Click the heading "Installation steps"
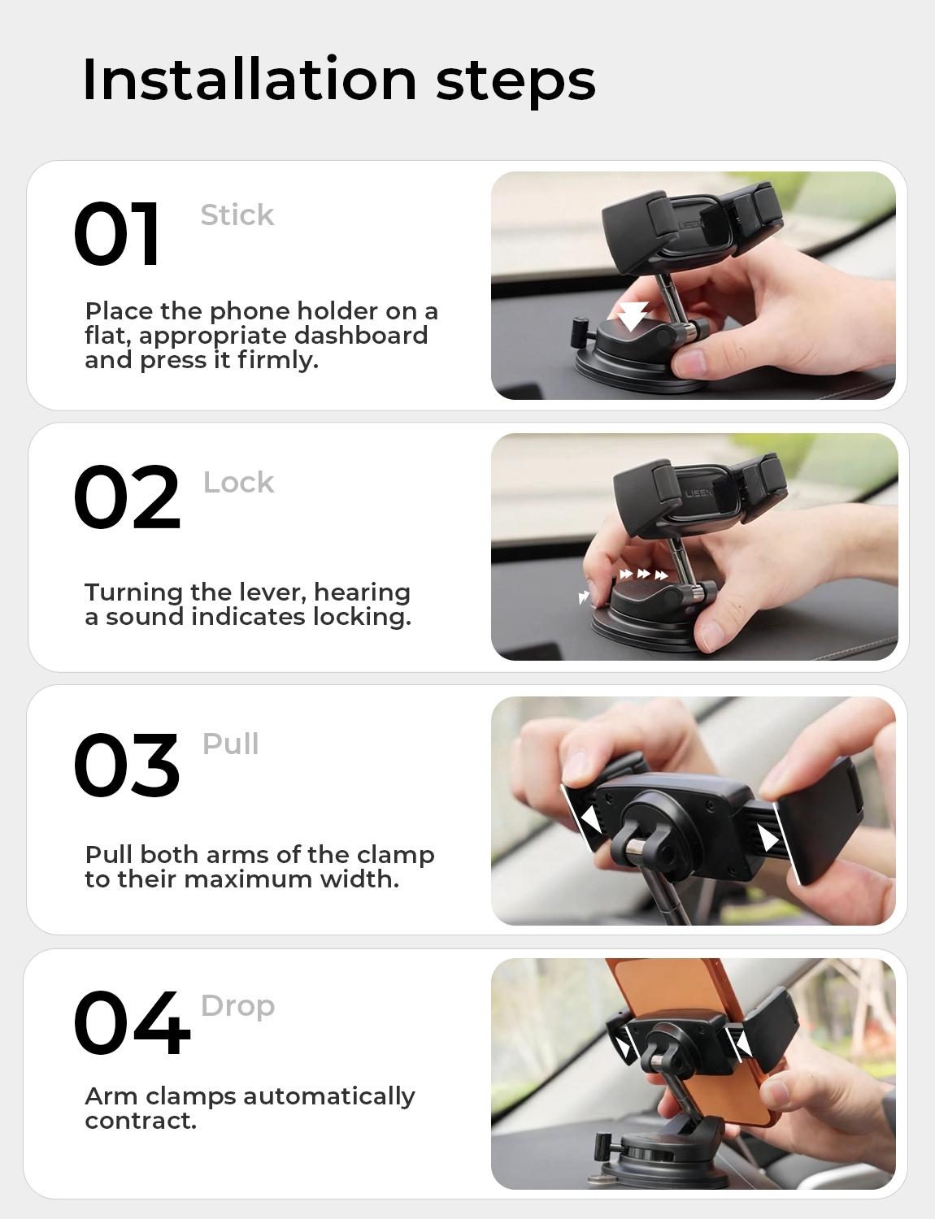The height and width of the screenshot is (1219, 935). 339,80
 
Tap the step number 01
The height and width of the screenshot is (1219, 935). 117,234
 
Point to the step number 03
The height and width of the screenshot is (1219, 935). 126,765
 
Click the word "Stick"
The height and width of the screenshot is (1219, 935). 237,215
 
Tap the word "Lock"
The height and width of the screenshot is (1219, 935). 238,483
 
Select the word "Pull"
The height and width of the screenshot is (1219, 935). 230,744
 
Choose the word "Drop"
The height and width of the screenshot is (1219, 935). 237,1006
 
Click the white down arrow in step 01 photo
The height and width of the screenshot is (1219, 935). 631,316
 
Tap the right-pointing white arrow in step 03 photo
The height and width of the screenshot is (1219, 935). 768,837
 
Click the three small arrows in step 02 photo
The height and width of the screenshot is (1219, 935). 643,575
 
